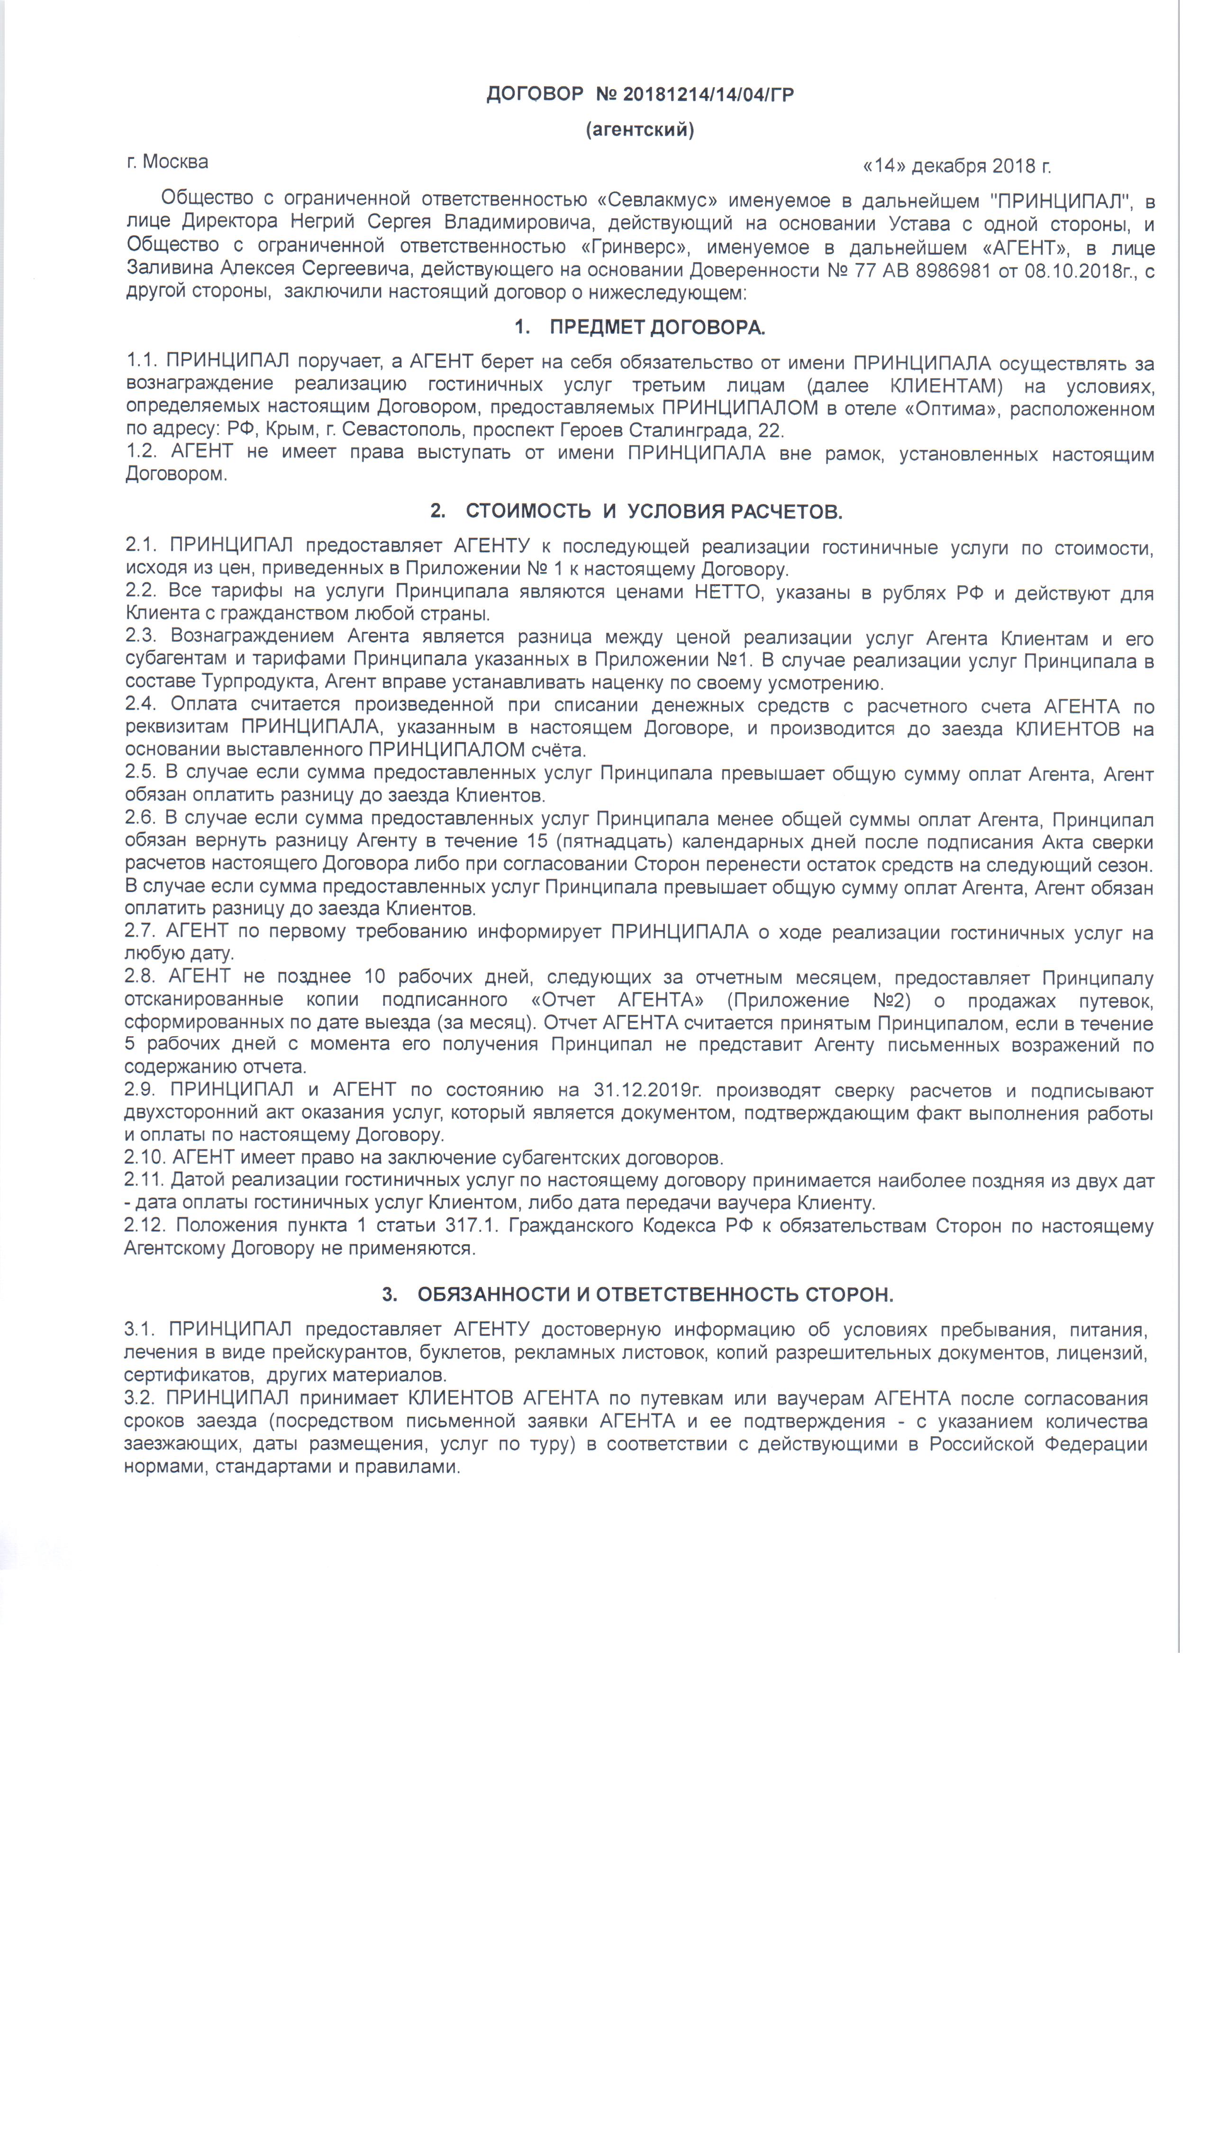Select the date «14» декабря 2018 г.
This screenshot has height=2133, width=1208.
957,166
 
